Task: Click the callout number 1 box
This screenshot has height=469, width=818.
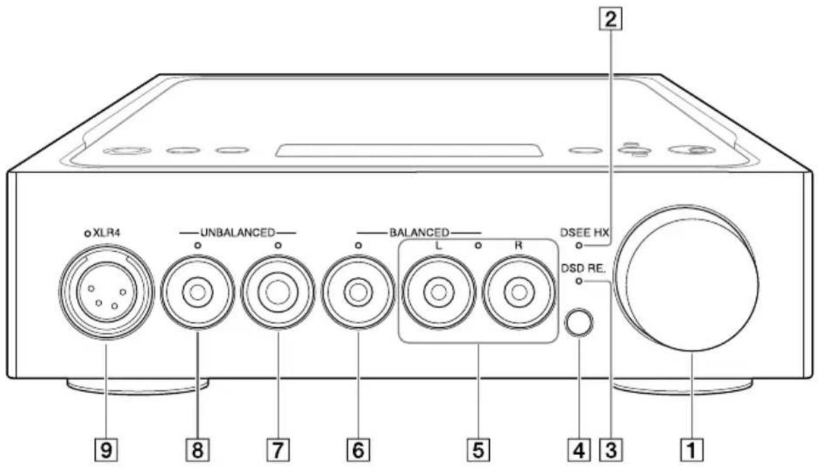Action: pyautogui.click(x=693, y=450)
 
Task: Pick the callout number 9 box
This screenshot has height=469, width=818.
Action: pyautogui.click(x=105, y=450)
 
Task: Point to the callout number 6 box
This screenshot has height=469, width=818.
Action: pyautogui.click(x=358, y=450)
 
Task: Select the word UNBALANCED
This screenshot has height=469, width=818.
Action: pyautogui.click(x=237, y=232)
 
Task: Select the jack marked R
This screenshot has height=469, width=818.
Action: pyautogui.click(x=519, y=293)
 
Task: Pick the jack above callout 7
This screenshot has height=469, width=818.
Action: pyautogui.click(x=278, y=293)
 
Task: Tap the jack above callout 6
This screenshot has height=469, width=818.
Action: pyautogui.click(x=358, y=293)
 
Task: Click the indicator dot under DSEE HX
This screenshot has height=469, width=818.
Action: pyautogui.click(x=578, y=246)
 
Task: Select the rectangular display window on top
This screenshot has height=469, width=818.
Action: pyautogui.click(x=409, y=151)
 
